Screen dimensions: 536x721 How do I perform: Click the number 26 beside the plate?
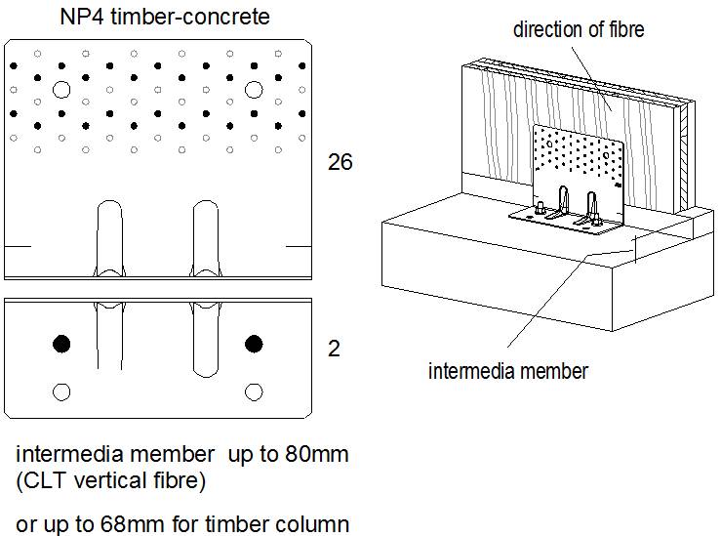coord(340,163)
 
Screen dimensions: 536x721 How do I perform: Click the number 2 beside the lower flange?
coord(334,349)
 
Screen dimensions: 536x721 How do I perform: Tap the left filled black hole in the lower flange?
coord(62,343)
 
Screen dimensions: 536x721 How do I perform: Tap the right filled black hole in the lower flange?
coord(255,343)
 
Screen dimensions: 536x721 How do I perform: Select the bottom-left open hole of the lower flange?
coord(62,392)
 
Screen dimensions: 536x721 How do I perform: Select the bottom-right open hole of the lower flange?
coord(255,392)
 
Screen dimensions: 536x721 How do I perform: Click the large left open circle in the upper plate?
coord(62,90)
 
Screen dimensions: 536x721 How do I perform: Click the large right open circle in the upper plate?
coord(255,90)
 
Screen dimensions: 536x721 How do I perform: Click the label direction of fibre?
coord(579,30)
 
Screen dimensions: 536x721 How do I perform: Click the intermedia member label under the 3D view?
coord(508,371)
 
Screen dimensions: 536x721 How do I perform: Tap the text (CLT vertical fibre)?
coord(111,481)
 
